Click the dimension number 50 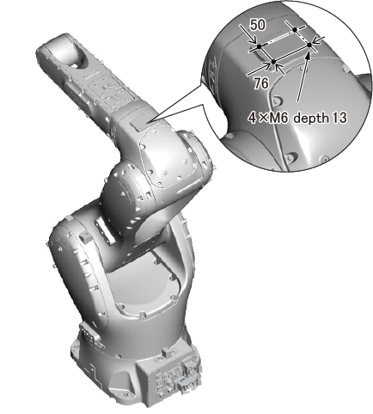(258, 25)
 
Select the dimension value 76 (261, 83)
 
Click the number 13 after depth (339, 118)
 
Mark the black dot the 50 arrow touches (259, 46)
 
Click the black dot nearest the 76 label (273, 62)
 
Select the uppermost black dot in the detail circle (295, 29)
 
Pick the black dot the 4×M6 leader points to (309, 45)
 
